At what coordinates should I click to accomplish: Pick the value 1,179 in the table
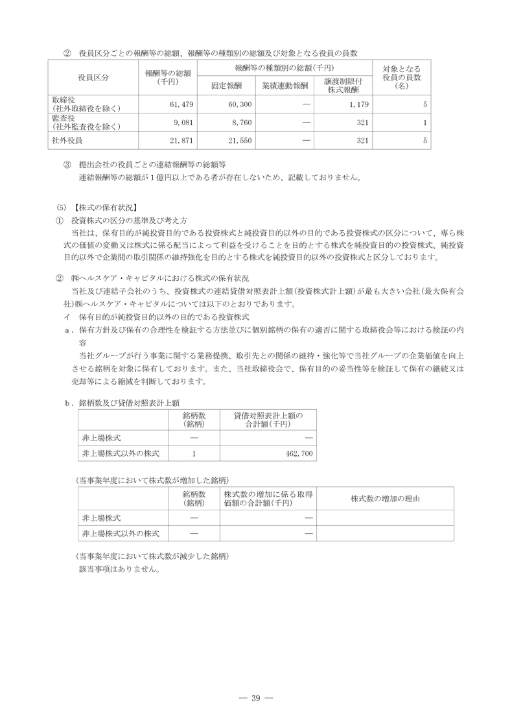point(358,104)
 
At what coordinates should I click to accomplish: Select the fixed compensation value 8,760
point(239,122)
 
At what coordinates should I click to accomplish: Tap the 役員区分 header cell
point(93,77)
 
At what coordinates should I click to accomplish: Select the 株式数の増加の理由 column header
point(384,499)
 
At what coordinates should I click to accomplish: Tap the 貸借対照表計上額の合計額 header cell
point(268,419)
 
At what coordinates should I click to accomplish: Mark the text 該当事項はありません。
point(119,569)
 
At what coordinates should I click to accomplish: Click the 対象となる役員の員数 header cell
point(402,77)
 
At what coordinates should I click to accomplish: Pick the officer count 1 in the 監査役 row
point(425,122)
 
